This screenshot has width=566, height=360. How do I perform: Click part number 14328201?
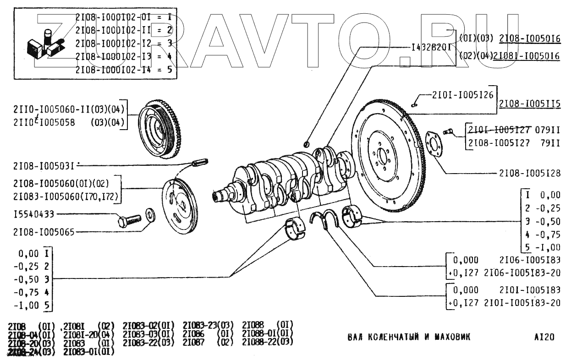point(432,47)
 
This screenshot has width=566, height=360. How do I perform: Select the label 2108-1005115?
point(529,104)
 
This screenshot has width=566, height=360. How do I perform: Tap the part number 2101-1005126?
point(462,95)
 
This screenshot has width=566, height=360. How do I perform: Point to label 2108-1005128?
point(530,174)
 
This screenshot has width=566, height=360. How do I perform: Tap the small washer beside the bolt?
point(150,214)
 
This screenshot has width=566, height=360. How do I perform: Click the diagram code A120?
point(544,338)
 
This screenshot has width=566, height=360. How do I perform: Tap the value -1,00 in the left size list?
point(28,305)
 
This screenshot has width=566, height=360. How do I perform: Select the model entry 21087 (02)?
point(208,342)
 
